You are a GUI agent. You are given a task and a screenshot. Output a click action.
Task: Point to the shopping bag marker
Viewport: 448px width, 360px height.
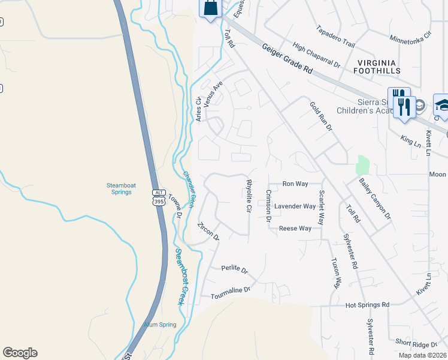tap(211, 9)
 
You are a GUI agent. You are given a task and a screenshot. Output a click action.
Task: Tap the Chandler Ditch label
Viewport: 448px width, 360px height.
tap(189, 190)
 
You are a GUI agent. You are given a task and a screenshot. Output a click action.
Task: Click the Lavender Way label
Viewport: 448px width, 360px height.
tap(295, 206)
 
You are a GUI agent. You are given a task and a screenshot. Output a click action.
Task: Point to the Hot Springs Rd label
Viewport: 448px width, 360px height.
tap(368, 305)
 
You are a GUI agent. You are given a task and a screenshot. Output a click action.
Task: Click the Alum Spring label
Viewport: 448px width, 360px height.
tap(160, 325)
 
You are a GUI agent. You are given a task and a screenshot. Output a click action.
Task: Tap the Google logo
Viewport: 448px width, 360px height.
tap(20, 353)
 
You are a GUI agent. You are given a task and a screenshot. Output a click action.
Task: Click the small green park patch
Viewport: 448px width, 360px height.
tap(362, 165)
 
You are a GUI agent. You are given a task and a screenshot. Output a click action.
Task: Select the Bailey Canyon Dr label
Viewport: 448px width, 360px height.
tap(374, 198)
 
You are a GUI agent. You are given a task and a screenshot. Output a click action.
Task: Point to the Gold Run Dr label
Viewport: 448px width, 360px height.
tap(320, 116)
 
